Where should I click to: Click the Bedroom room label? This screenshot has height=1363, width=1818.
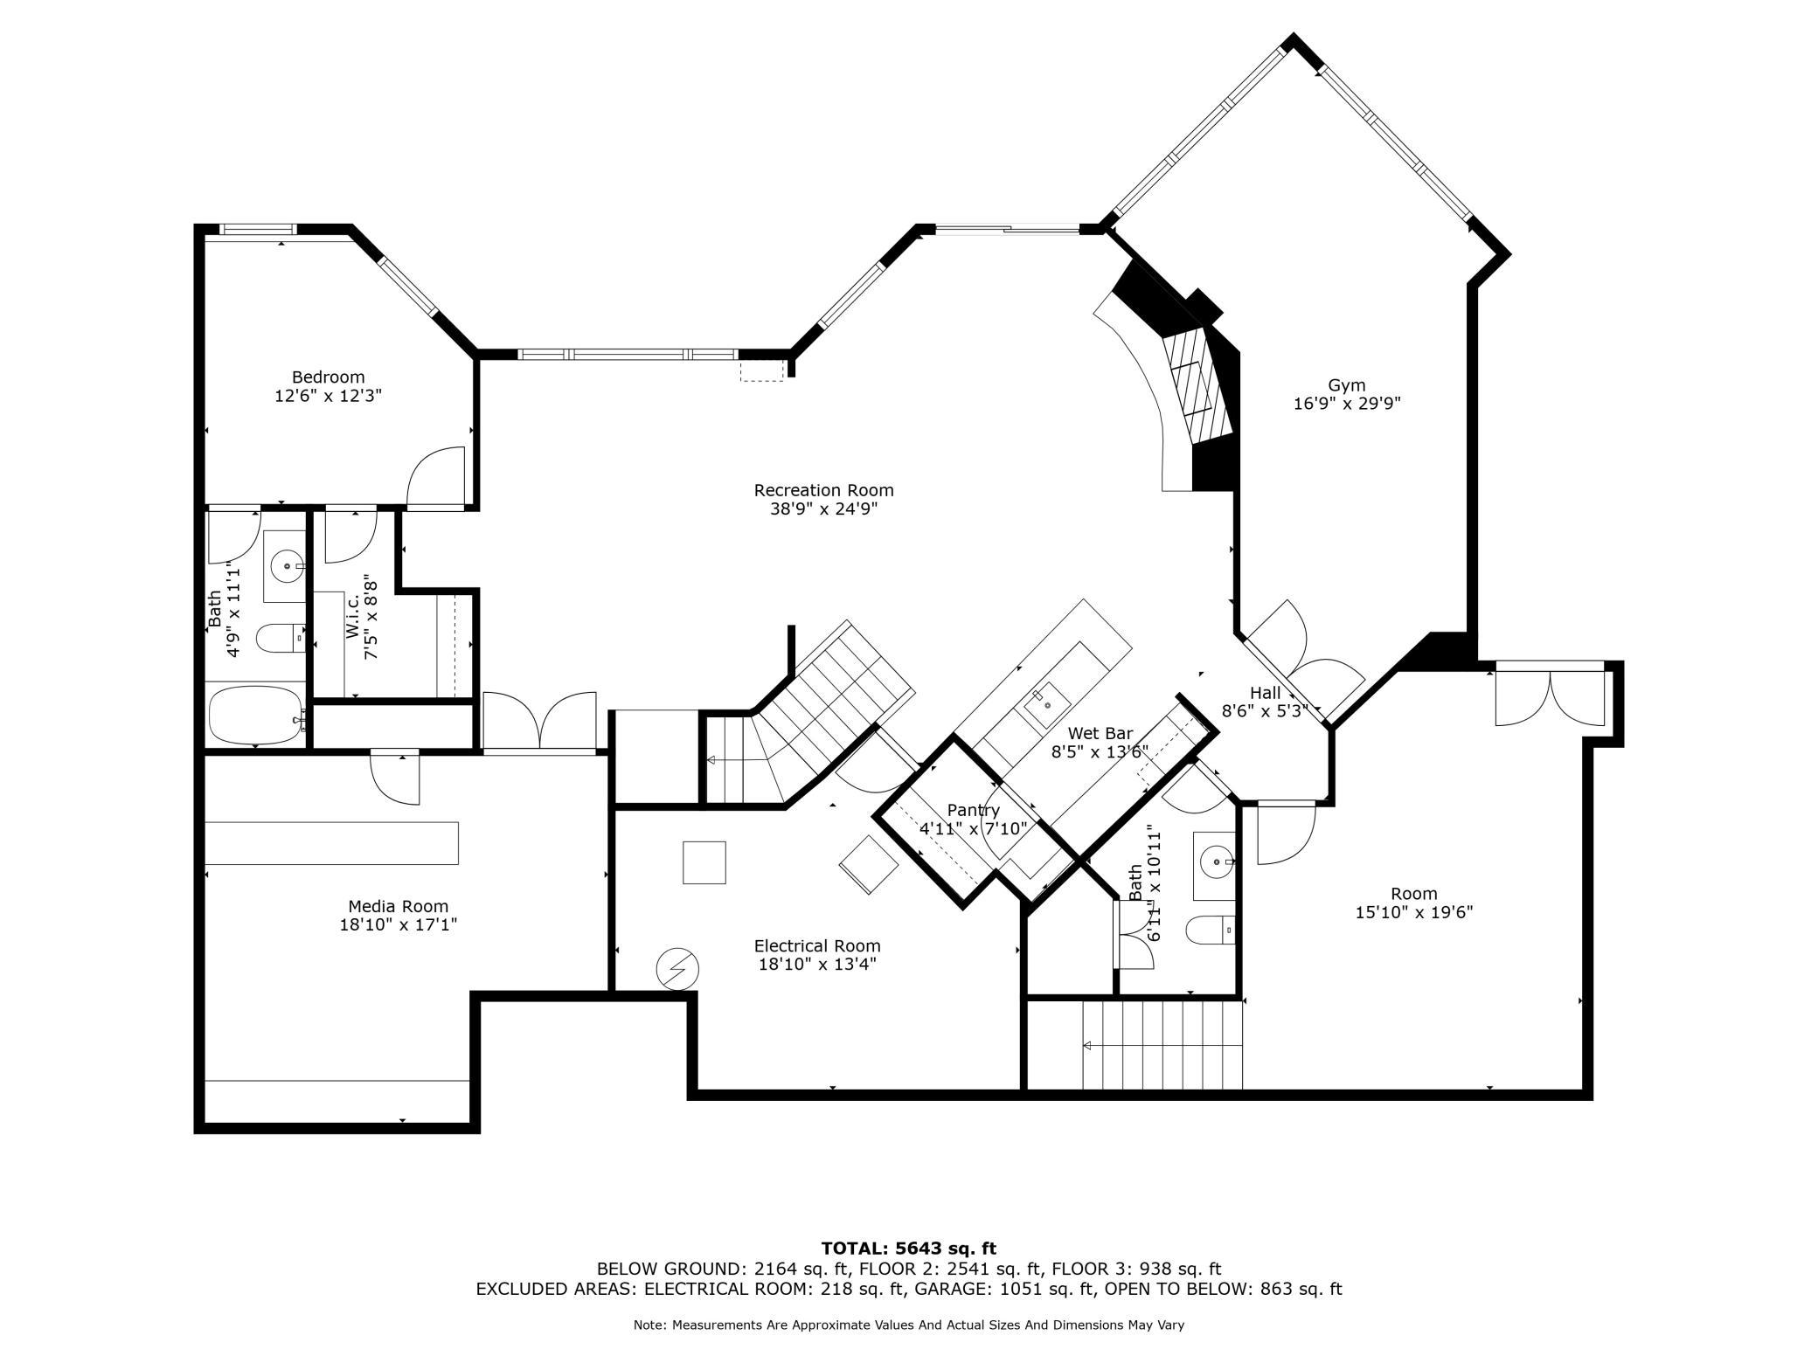point(328,377)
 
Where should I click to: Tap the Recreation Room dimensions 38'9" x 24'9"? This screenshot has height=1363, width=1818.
point(823,509)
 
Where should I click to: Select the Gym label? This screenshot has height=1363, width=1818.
point(1346,385)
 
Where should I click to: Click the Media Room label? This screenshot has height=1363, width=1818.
point(398,907)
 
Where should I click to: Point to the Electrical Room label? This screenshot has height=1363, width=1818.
point(817,945)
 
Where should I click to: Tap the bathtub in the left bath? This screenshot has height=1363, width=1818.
point(255,716)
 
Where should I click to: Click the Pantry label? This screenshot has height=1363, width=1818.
point(973,810)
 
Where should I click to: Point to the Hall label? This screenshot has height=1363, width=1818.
point(1265,693)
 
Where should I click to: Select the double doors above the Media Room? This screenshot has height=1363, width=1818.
point(539,721)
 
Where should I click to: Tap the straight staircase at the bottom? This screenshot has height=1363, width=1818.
point(1162,1045)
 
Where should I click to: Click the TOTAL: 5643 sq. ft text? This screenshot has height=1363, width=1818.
point(908,1249)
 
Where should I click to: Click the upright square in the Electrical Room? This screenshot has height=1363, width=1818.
point(704,862)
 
